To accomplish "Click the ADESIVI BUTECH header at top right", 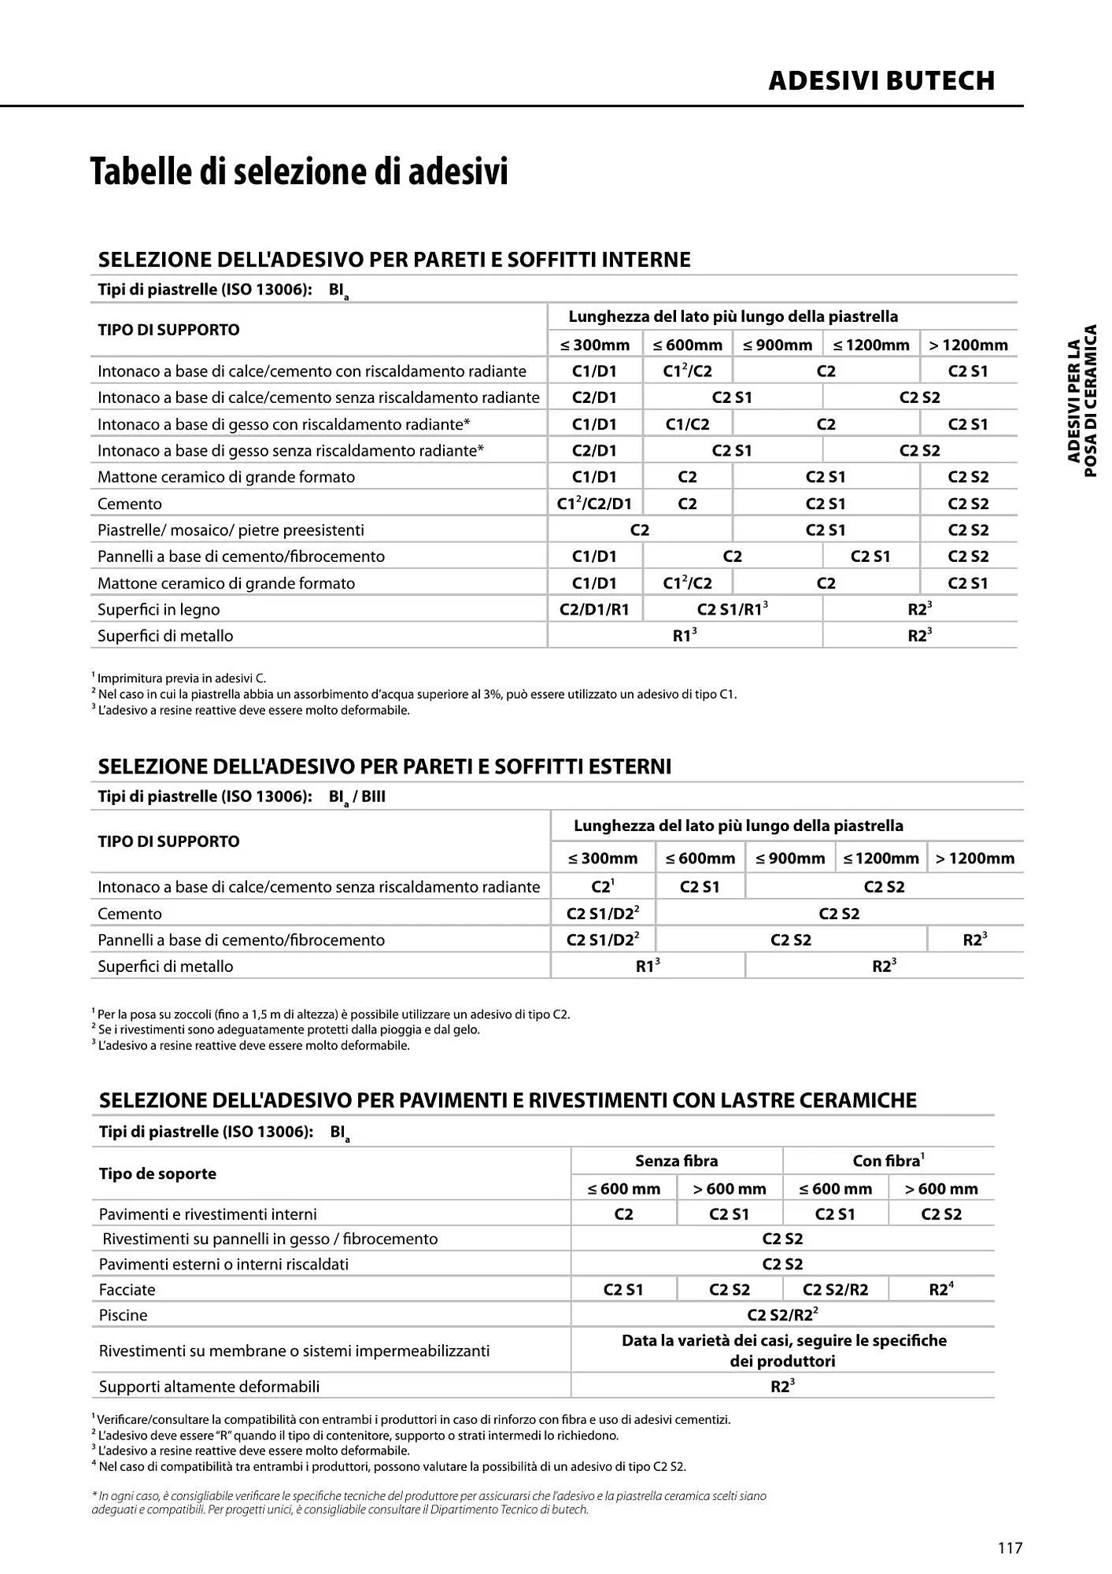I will point(881,80).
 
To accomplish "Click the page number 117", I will point(1010,1548).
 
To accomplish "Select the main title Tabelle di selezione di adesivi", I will point(299,172).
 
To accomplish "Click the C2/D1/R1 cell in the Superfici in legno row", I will point(594,609).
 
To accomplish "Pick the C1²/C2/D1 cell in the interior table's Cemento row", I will point(594,504).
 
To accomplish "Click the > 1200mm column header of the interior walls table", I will point(968,345).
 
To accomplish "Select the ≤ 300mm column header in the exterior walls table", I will point(603,858).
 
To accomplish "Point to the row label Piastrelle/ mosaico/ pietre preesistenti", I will point(231,530).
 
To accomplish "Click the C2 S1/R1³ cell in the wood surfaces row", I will point(732,609).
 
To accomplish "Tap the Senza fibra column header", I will point(676,1161).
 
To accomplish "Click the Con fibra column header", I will point(888,1161).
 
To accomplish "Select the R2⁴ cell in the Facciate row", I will point(941,1289).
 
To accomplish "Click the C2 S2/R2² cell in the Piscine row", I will point(782,1314).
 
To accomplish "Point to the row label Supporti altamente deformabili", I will point(209,1386).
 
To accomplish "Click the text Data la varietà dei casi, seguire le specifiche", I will point(784,1340).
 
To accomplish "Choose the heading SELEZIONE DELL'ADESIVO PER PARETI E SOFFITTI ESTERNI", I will point(384,767).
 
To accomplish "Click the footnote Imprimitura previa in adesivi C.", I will point(181,678).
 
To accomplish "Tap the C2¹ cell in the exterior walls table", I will point(602,887).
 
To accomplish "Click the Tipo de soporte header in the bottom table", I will point(157,1173).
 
